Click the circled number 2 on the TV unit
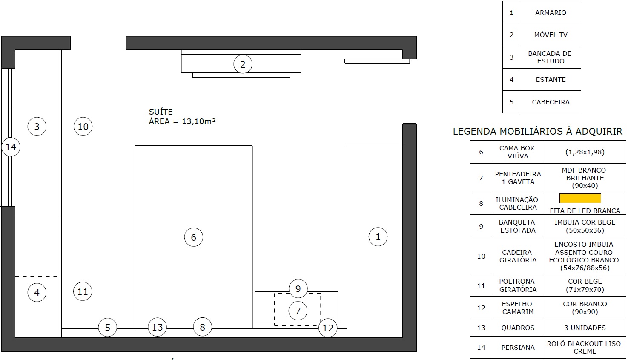[243, 64]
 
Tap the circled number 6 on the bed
[193, 237]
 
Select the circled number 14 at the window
[11, 147]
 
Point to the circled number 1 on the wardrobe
[378, 237]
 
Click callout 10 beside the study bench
[83, 126]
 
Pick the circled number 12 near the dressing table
[328, 328]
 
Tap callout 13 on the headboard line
[157, 327]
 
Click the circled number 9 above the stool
[298, 288]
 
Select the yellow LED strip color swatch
[580, 198]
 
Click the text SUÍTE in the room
[161, 112]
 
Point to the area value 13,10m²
[199, 121]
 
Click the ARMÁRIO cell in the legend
[551, 12]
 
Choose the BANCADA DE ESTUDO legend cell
[551, 57]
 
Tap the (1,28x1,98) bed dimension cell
[585, 152]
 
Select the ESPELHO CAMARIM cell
[518, 308]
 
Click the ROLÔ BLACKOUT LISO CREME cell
[585, 347]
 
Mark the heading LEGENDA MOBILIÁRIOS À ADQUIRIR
[537, 131]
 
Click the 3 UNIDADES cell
[585, 328]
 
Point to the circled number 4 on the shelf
[37, 292]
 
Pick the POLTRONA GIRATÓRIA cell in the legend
[518, 285]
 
